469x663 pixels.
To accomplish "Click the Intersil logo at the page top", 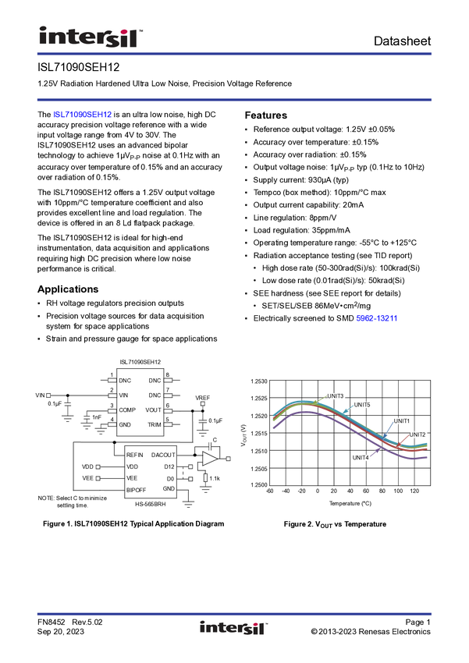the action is click(91, 35).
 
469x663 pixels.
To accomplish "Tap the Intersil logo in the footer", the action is click(234, 628).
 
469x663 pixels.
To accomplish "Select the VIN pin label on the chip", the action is click(123, 395).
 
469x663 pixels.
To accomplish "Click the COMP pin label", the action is click(127, 410).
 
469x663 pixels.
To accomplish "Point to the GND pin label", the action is click(125, 425).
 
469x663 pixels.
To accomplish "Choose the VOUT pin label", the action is click(153, 410).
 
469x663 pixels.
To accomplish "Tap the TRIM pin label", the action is click(155, 425).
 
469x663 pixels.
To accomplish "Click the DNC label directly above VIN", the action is click(125, 381).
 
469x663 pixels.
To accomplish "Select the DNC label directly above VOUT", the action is click(155, 395).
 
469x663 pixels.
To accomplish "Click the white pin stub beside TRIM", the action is click(168, 425).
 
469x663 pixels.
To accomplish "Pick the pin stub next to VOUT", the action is click(168, 410).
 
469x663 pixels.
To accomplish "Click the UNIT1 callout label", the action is click(401, 421).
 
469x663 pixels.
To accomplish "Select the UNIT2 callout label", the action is click(417, 434).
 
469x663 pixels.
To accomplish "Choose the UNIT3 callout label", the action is click(336, 396).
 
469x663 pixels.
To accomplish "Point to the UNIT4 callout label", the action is click(361, 458).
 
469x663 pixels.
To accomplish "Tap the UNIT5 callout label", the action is click(361, 405).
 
